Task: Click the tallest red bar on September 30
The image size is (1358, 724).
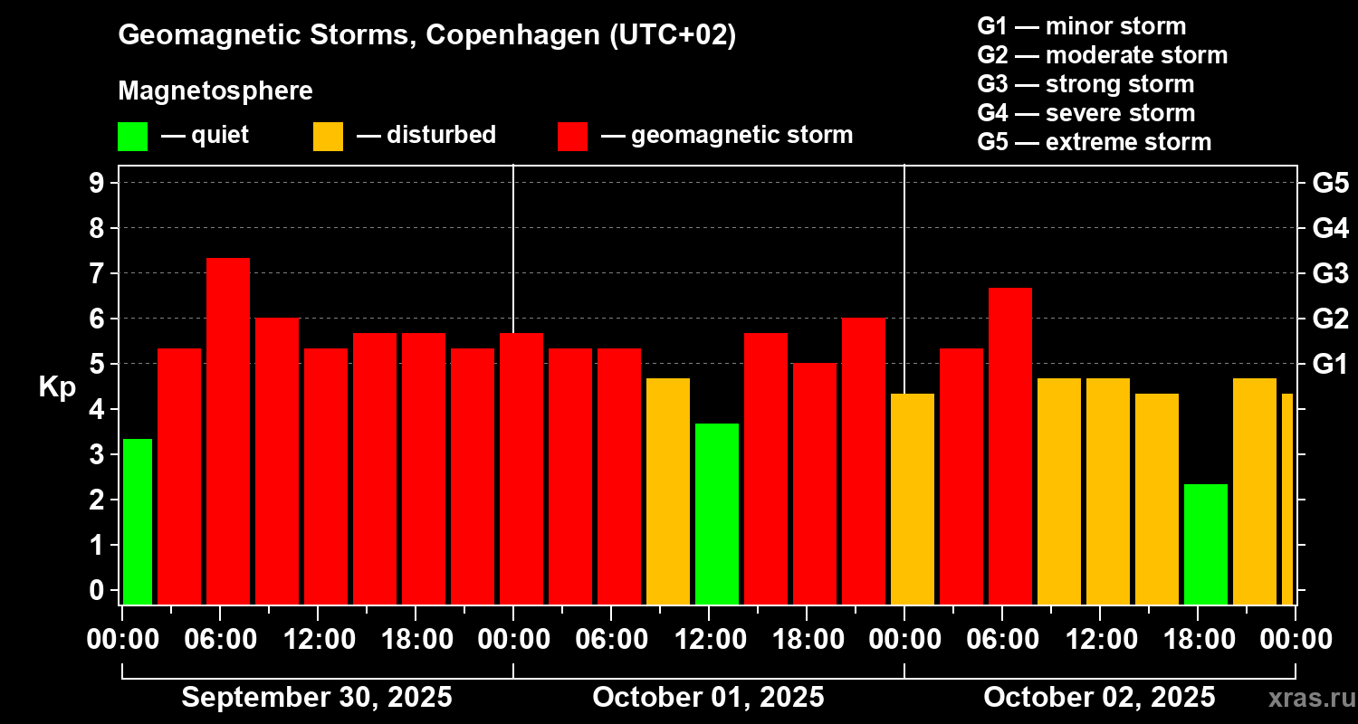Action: coord(228,431)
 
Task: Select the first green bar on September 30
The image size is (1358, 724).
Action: coord(138,521)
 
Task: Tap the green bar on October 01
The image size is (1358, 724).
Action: coord(717,513)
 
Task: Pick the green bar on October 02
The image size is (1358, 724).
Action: coord(1206,544)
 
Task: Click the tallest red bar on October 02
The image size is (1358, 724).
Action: coord(1010,445)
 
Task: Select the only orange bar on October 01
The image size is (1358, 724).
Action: coord(668,491)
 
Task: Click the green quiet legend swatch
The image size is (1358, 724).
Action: coord(132,137)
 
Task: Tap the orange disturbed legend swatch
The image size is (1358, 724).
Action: coord(328,137)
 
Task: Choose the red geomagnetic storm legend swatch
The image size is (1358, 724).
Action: coord(572,137)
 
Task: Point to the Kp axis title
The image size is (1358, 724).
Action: coord(57,386)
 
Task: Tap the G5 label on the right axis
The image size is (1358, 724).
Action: coord(1330,183)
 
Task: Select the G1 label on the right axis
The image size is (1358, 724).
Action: coord(1330,364)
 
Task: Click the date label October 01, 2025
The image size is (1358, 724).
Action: coord(708,698)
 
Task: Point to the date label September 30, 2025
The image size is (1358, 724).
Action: coord(317,698)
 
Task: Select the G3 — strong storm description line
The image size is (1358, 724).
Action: coord(1085,84)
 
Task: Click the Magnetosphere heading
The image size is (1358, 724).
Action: coord(215,91)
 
